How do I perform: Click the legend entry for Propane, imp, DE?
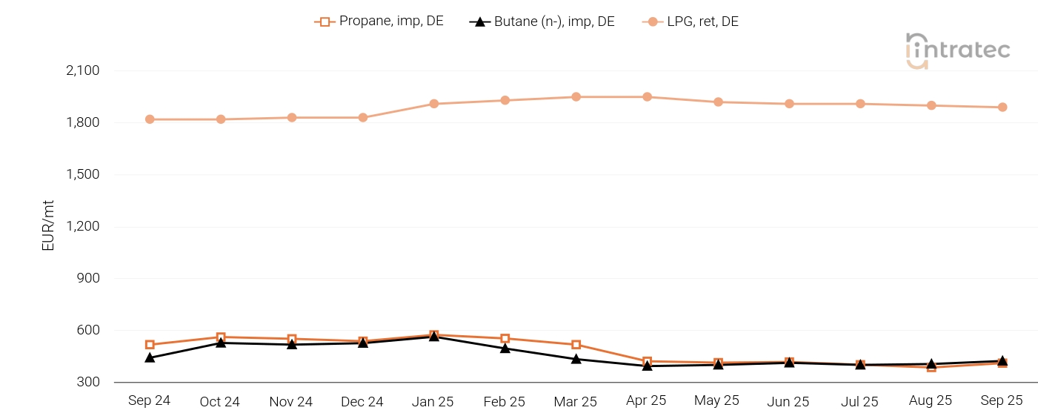pos(379,22)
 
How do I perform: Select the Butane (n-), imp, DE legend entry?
pos(542,22)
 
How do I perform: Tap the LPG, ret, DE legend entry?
pos(691,22)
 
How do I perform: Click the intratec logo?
pos(958,50)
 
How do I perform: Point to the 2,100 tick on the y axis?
pos(83,71)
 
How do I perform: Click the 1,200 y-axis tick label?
pos(83,227)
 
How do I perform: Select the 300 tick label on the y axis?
pos(87,383)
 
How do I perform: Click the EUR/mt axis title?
pos(49,225)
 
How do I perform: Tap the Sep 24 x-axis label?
pos(149,400)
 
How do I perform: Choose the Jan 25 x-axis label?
pos(433,401)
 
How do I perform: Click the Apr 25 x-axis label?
pos(646,400)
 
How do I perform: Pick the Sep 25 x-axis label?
pos(1002,400)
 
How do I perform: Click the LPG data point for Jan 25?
pos(434,104)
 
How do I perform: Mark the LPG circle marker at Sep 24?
pos(150,119)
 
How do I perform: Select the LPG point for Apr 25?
pos(647,97)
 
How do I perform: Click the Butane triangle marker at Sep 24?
pos(150,357)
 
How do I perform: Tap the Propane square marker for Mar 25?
pos(576,345)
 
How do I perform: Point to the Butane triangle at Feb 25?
pos(505,348)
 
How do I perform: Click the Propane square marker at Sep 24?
pos(150,345)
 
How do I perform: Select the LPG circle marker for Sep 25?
pos(1002,108)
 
